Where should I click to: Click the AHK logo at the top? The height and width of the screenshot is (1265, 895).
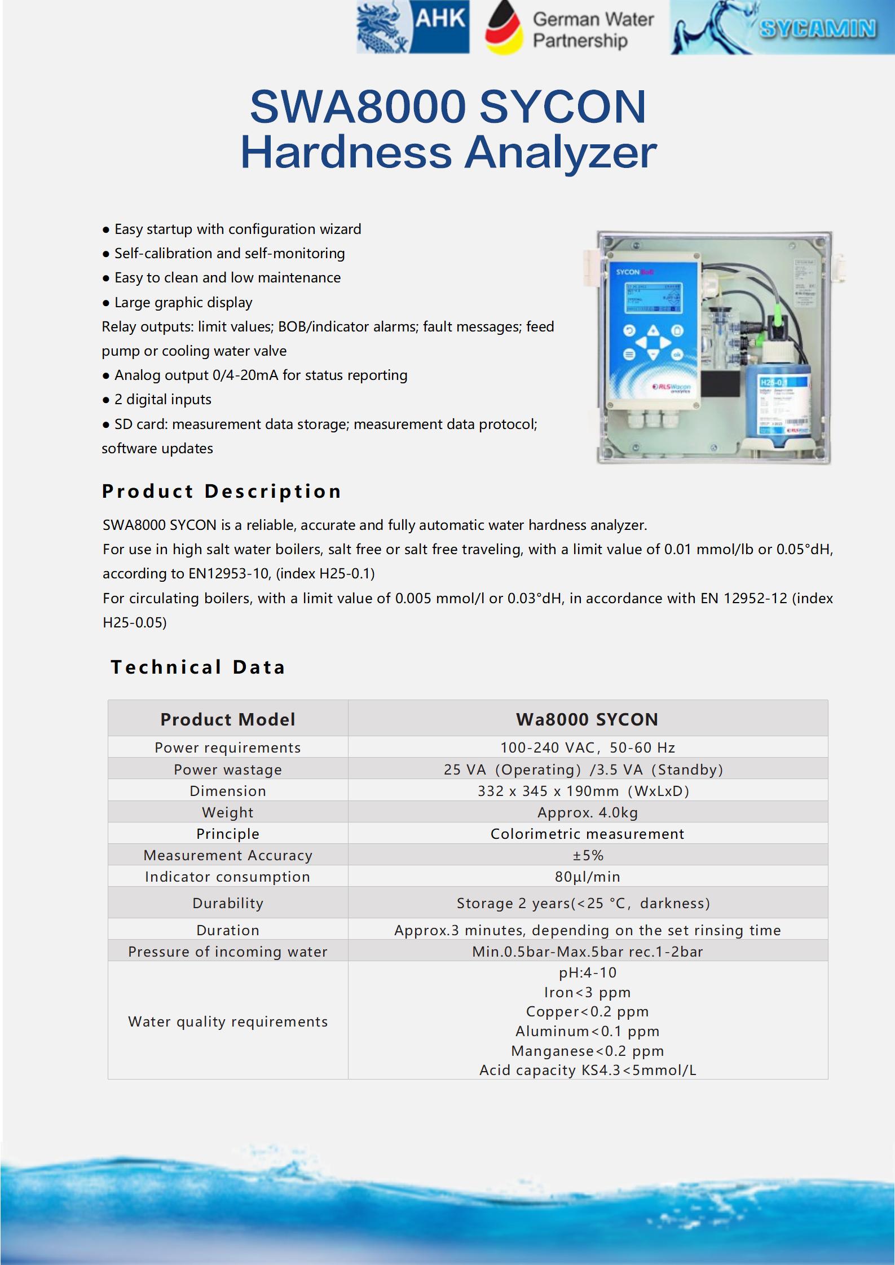(413, 28)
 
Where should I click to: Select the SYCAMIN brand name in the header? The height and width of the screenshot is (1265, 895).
(817, 28)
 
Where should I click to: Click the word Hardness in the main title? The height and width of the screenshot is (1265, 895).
(346, 153)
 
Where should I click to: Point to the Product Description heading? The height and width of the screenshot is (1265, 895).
(222, 492)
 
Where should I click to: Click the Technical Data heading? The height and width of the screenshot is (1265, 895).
(198, 667)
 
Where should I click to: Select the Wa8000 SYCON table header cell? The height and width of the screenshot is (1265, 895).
(587, 719)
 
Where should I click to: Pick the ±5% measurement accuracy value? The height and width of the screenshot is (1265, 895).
(588, 855)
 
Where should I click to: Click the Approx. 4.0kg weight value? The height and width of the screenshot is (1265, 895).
(588, 812)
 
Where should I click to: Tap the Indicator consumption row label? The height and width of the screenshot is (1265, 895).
(227, 877)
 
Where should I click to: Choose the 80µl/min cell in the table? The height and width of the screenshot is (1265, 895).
(588, 877)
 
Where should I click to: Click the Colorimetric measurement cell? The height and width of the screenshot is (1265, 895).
(588, 834)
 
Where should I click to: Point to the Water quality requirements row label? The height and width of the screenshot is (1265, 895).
(228, 1021)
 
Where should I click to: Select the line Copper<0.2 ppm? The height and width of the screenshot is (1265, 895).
(588, 1011)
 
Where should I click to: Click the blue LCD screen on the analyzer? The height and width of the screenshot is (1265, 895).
(652, 298)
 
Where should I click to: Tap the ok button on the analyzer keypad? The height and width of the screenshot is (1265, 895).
(677, 355)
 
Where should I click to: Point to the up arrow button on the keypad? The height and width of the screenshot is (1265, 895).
(653, 330)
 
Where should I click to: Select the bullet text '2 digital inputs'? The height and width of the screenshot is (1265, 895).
(162, 400)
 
